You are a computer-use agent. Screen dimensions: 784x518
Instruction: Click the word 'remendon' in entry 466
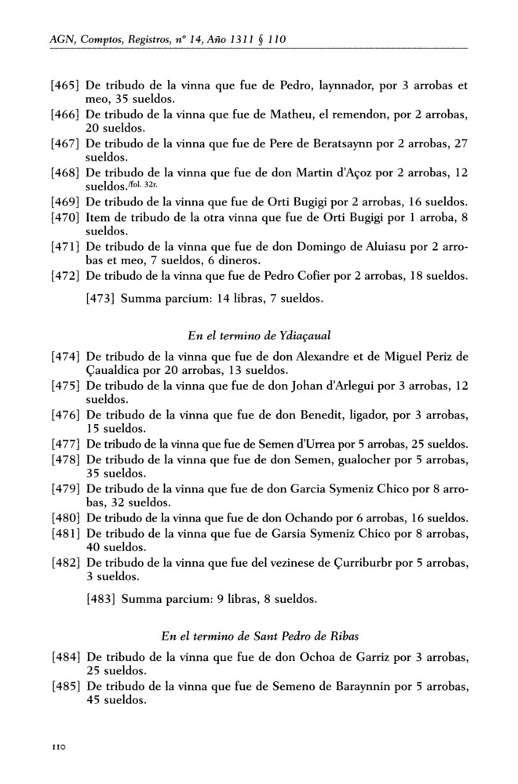352,115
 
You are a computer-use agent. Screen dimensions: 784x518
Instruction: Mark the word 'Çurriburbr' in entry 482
336,563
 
